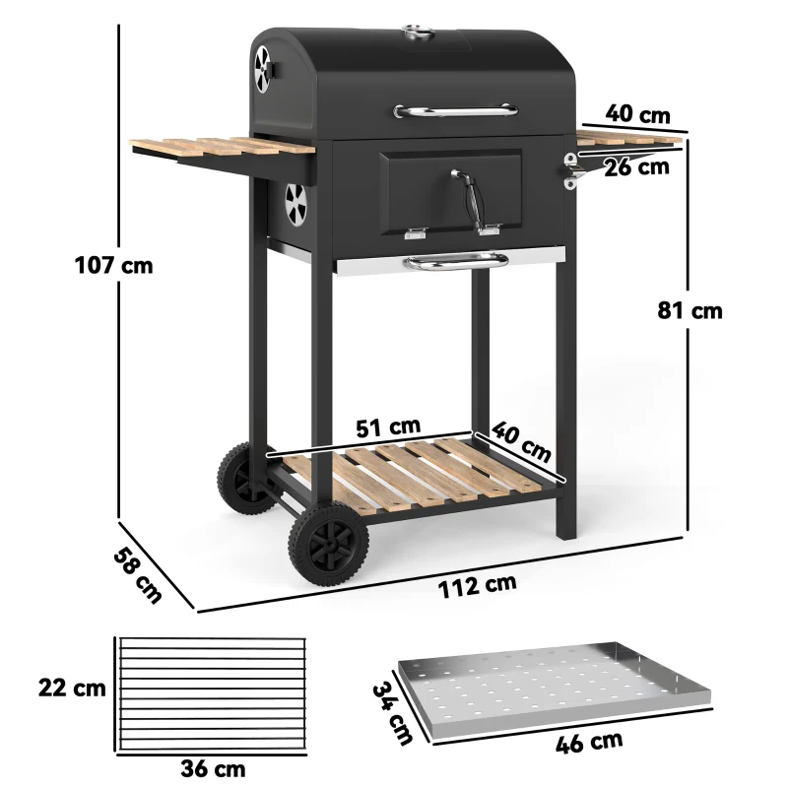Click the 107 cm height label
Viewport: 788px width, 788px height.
[x=114, y=266]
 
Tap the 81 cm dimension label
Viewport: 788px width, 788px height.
[x=690, y=310]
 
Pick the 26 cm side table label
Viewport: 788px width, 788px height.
[x=636, y=166]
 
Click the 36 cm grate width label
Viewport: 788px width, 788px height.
[x=214, y=768]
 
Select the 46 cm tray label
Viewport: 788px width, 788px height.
[x=589, y=740]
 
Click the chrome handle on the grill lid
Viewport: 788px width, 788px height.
[x=457, y=110]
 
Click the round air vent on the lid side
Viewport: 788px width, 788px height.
[x=264, y=67]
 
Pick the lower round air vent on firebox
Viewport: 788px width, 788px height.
[x=296, y=202]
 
